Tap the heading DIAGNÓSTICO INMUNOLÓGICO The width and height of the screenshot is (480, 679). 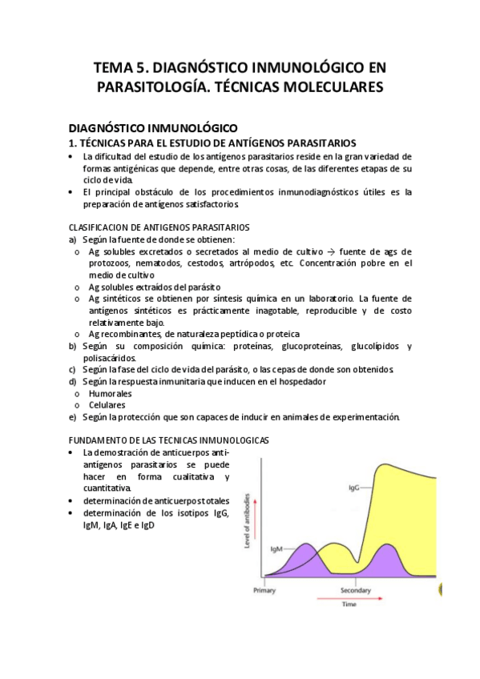[x=153, y=127]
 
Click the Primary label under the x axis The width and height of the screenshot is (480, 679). [x=264, y=591]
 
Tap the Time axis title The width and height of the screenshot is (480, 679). [x=349, y=605]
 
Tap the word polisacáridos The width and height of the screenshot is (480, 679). [x=108, y=358]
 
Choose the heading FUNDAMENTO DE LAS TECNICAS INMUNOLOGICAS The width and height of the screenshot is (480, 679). [x=169, y=440]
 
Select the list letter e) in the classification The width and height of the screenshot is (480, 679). [x=73, y=416]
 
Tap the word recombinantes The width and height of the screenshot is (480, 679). [x=130, y=334]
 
